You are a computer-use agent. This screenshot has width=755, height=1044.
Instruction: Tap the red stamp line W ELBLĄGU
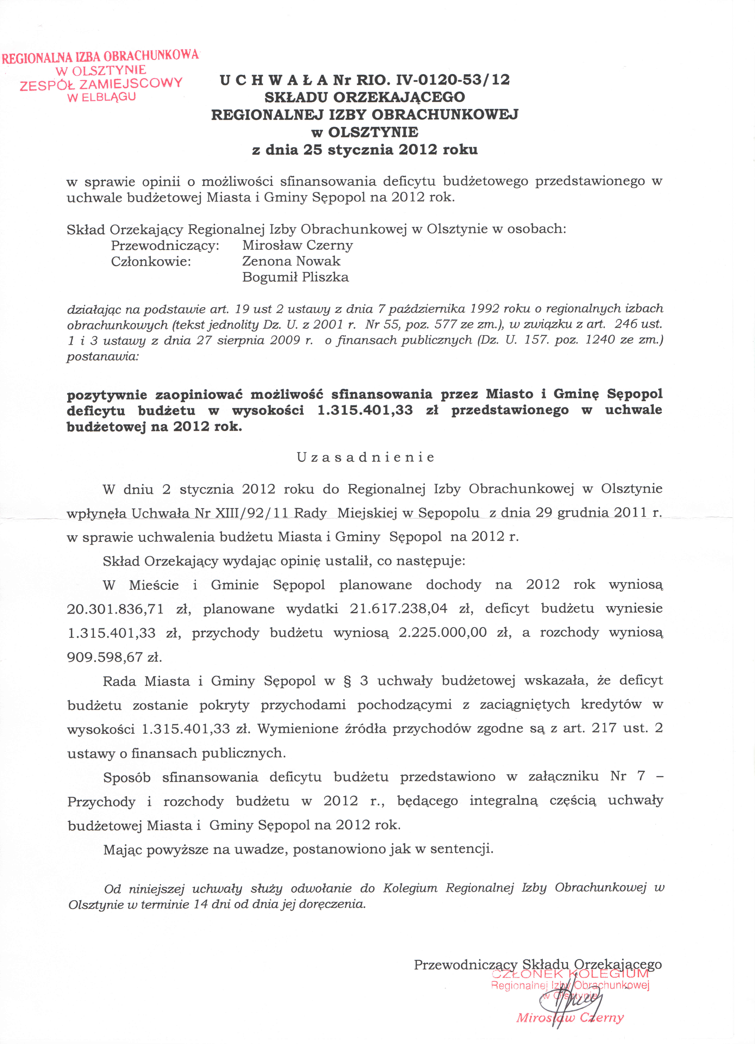tap(101, 97)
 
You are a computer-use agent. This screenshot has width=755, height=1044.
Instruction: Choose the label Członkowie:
tap(151, 261)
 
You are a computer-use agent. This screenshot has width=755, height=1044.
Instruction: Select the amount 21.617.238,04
tap(398, 609)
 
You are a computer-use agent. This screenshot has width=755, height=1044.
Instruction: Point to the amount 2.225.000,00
tap(443, 633)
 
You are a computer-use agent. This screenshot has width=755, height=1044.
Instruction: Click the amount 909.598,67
tap(105, 657)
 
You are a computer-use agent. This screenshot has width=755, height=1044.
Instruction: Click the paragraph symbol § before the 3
tap(347, 681)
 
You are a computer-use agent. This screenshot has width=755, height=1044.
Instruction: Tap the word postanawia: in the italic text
tap(102, 356)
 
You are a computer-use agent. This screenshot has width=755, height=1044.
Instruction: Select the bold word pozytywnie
tap(107, 394)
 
